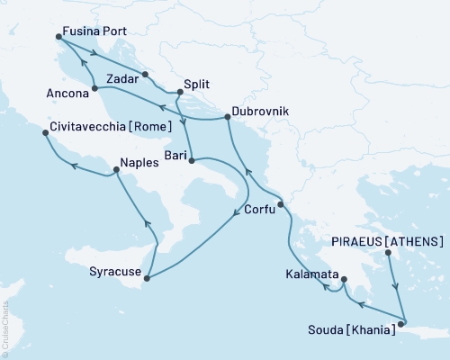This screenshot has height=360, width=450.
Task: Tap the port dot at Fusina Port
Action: click(x=58, y=37)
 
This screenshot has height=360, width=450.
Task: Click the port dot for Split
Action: click(x=180, y=91)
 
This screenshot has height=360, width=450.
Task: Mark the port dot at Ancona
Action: click(x=94, y=88)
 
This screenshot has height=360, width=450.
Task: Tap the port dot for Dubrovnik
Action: click(x=227, y=117)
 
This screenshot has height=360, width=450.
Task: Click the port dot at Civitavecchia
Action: click(x=46, y=133)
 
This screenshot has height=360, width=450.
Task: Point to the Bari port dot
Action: click(x=192, y=162)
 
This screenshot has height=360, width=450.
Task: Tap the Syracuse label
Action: click(x=114, y=271)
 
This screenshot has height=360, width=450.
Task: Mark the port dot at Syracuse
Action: click(x=147, y=277)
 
